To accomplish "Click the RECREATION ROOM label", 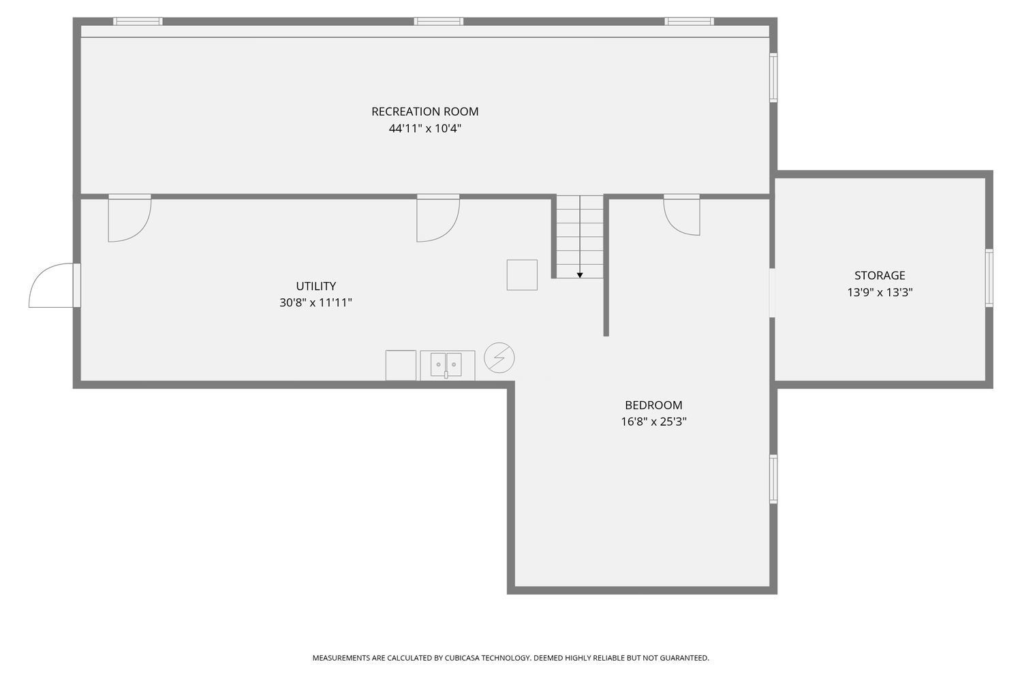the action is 424,111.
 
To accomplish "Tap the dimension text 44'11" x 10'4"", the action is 424,128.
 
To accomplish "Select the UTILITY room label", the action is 315,286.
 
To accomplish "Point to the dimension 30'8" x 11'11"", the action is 315,302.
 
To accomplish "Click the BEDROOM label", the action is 653,405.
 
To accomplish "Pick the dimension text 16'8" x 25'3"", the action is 653,422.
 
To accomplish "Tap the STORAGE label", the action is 880,276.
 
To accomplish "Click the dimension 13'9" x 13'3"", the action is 880,292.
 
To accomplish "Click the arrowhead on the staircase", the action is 580,275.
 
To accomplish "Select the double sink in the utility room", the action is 447,365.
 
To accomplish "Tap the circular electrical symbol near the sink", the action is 499,358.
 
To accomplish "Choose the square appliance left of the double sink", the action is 401,365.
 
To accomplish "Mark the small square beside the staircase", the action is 522,274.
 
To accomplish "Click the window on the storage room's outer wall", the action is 989,278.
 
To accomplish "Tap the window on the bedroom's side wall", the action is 773,479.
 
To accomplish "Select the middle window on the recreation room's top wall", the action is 439,21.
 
